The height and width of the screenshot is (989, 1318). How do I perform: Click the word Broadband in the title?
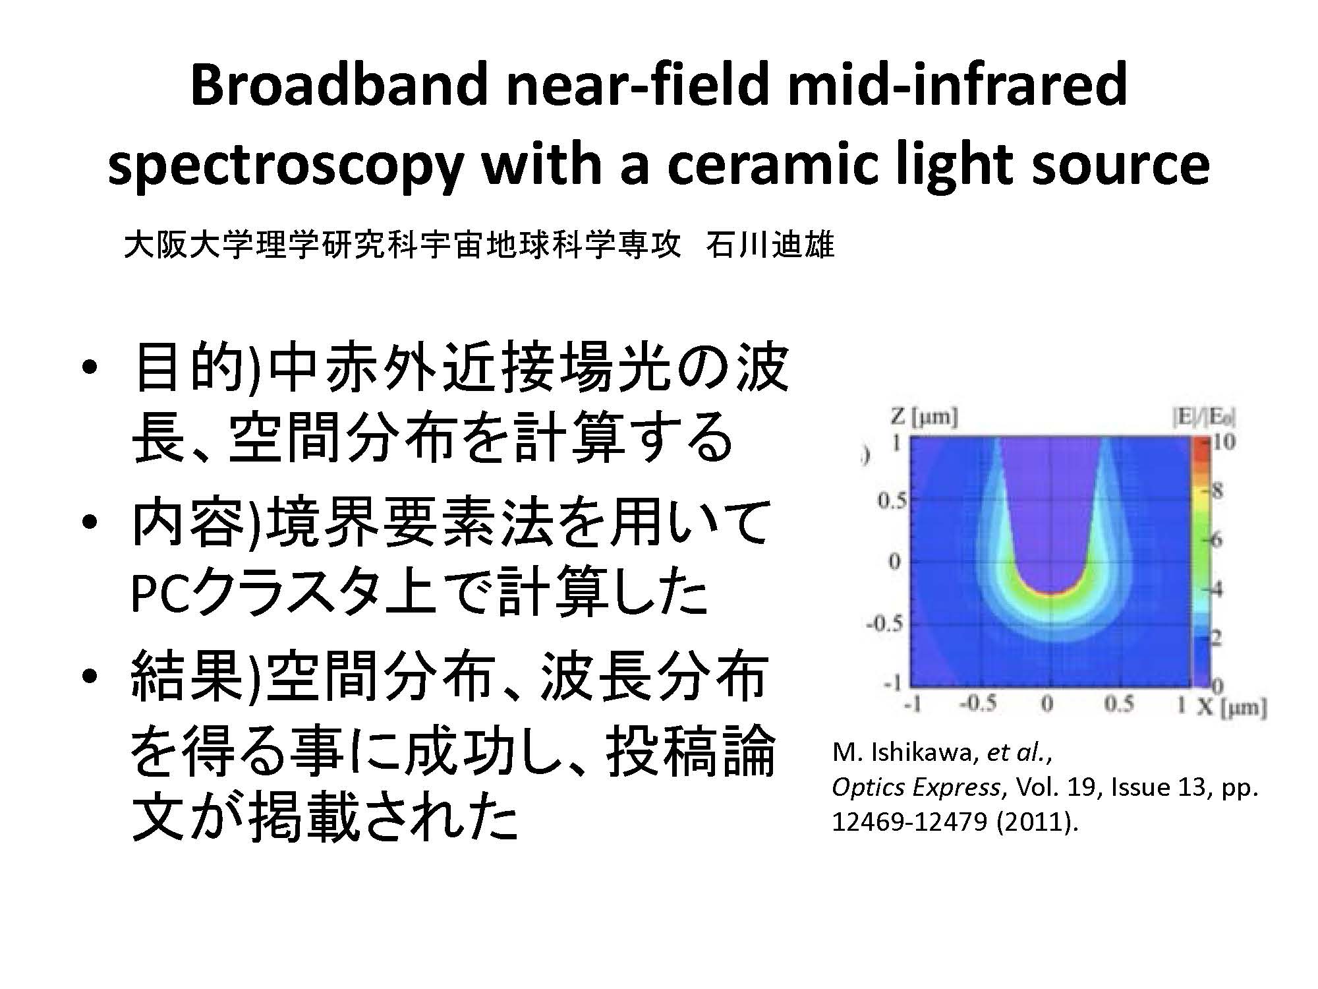[x=338, y=86]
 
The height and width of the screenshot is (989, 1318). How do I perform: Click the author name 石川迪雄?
[x=770, y=245]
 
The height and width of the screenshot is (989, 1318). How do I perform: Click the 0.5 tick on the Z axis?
[x=892, y=501]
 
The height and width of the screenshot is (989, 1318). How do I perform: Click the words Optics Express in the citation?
[x=915, y=788]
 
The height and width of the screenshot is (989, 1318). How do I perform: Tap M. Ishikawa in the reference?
[x=902, y=753]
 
